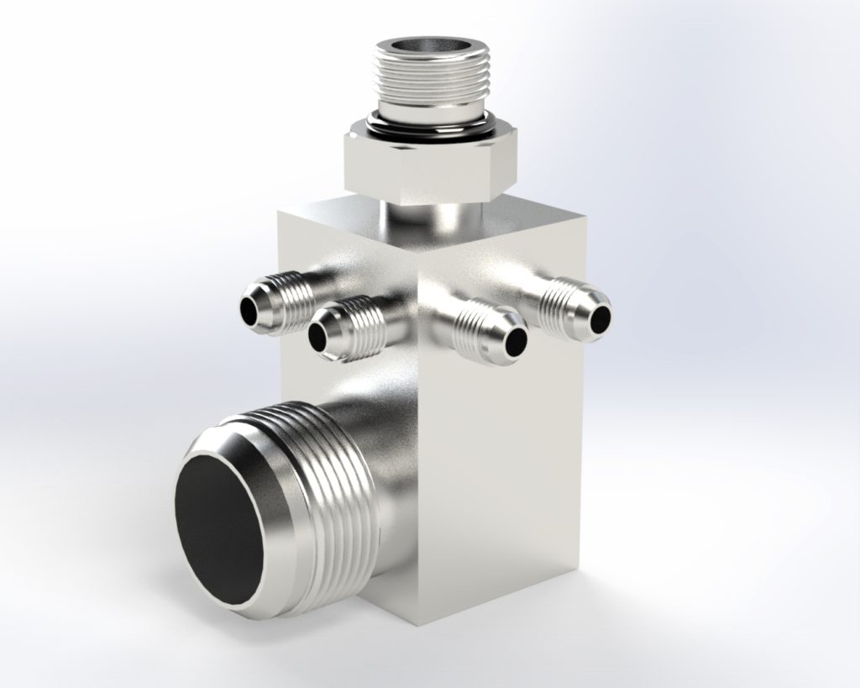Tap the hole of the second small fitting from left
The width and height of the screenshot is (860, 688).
(319, 336)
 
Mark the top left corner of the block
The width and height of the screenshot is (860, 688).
(281, 213)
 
